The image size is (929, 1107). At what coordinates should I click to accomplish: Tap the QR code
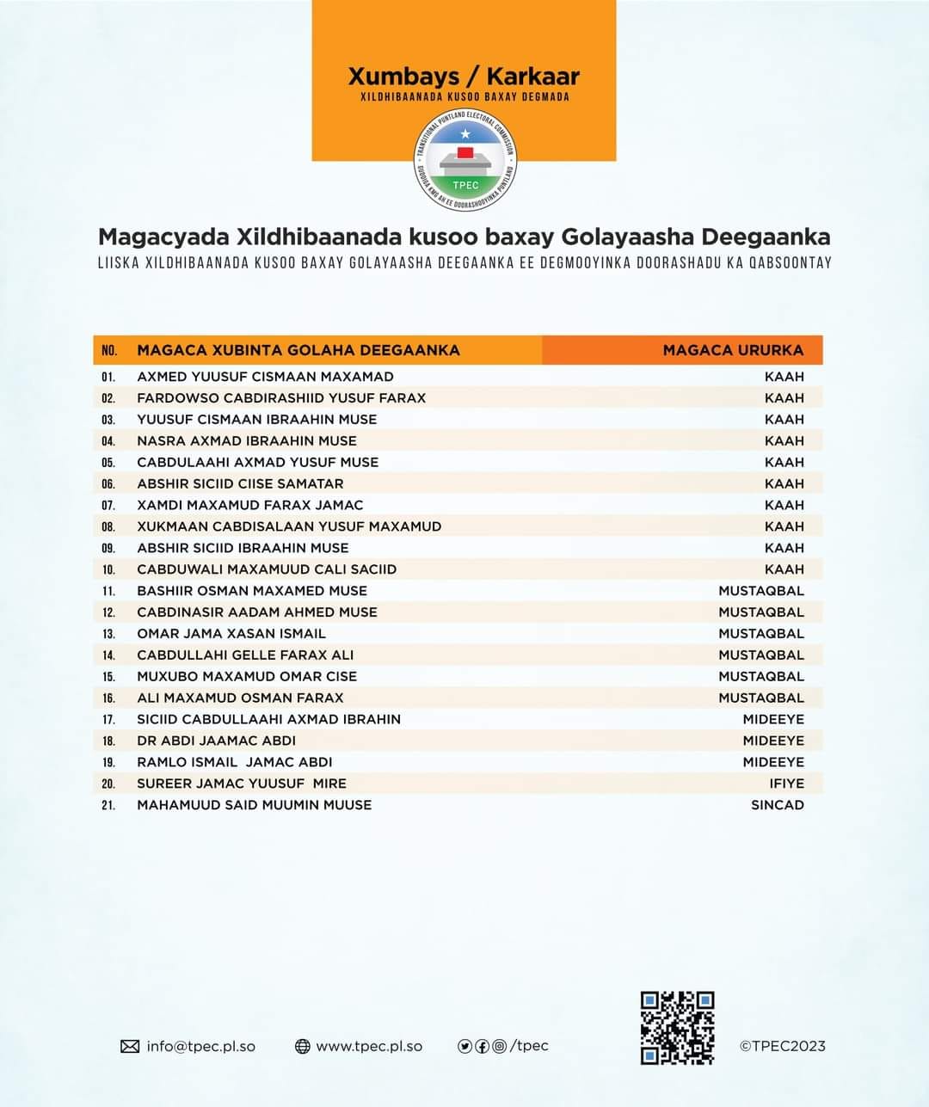[677, 1028]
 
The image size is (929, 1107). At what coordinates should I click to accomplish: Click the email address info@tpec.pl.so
[200, 1047]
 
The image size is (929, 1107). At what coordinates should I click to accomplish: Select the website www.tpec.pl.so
[369, 1047]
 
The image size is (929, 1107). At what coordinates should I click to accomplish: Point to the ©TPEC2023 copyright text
[782, 1047]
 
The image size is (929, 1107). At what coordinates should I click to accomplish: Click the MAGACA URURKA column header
[733, 350]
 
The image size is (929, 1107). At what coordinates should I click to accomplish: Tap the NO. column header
[108, 350]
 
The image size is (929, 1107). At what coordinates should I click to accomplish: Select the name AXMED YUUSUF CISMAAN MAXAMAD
[265, 377]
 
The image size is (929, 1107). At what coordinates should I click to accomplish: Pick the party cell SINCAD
[777, 805]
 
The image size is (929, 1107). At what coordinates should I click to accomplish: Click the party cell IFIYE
[786, 784]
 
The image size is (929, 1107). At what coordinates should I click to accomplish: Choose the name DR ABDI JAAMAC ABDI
[216, 741]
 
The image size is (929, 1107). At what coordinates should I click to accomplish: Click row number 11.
[108, 591]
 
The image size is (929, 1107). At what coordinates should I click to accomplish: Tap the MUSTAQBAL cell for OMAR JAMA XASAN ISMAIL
[761, 634]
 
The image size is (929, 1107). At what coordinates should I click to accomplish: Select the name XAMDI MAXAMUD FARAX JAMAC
[249, 505]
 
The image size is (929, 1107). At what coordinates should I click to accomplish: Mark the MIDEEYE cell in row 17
[773, 719]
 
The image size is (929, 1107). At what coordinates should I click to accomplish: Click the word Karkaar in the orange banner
[532, 76]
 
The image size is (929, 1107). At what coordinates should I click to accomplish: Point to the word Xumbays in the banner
[403, 76]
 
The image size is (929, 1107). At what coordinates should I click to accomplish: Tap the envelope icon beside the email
[130, 1047]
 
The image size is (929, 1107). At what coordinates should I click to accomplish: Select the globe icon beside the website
[302, 1047]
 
